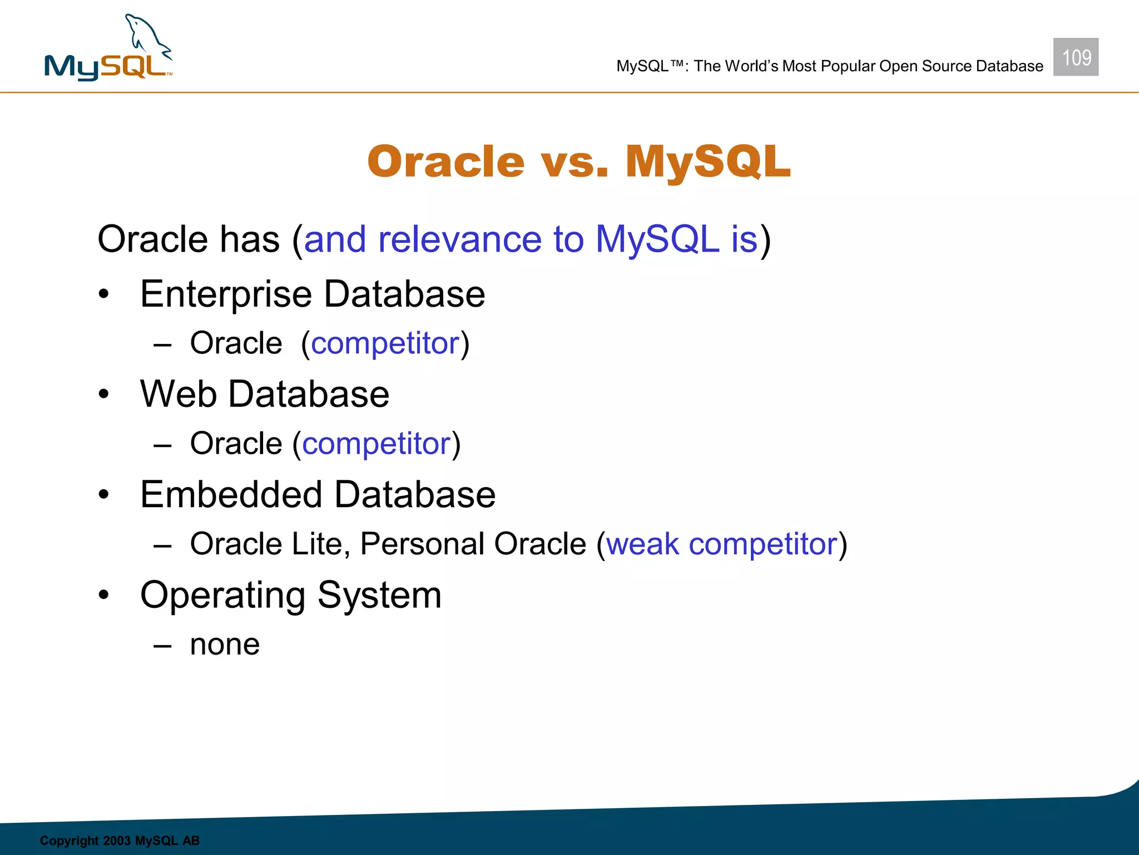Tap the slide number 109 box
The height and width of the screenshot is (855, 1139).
[x=1076, y=57]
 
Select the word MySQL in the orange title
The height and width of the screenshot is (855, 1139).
[x=707, y=162]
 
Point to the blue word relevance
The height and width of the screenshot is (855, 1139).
[x=459, y=240]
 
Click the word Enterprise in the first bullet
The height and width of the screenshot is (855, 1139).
[x=225, y=294]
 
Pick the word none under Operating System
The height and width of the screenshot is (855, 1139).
[x=225, y=645]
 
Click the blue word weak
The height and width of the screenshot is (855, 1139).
[x=642, y=544]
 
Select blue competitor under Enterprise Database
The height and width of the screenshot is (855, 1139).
[x=385, y=344]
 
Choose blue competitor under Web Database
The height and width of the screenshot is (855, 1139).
[x=376, y=444]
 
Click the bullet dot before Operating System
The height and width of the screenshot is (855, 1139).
[x=103, y=595]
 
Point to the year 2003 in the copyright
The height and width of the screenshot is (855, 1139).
[x=116, y=841]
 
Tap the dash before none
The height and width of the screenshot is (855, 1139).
[x=162, y=646]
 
